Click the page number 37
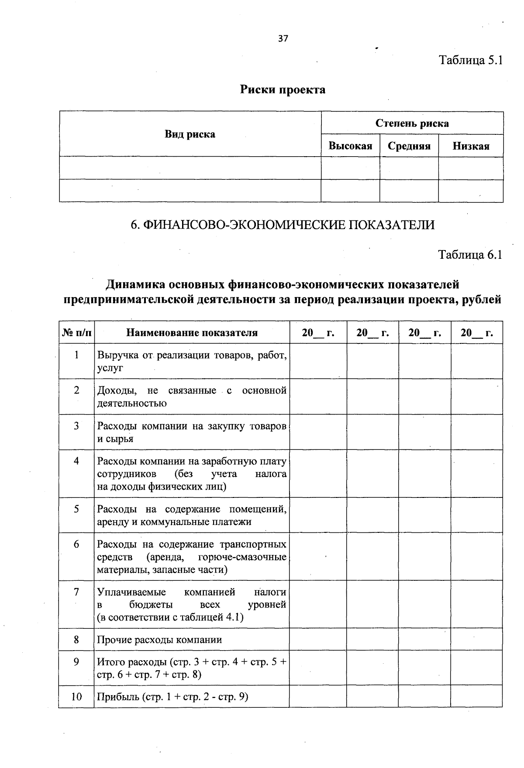(x=283, y=38)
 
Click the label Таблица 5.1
(x=471, y=60)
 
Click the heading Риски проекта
(x=283, y=90)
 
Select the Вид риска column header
(x=190, y=134)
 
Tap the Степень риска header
(x=412, y=123)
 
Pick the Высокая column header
(x=350, y=146)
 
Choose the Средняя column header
(x=409, y=146)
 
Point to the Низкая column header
(x=471, y=146)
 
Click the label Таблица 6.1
(x=470, y=254)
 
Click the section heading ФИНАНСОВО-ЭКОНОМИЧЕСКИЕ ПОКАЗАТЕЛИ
(x=283, y=225)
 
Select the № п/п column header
(x=77, y=333)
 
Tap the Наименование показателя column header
(x=192, y=333)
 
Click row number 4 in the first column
(x=76, y=461)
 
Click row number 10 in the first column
(x=76, y=696)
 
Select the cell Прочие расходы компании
(x=159, y=640)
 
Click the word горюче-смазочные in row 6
(x=242, y=557)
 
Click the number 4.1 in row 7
(x=234, y=617)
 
